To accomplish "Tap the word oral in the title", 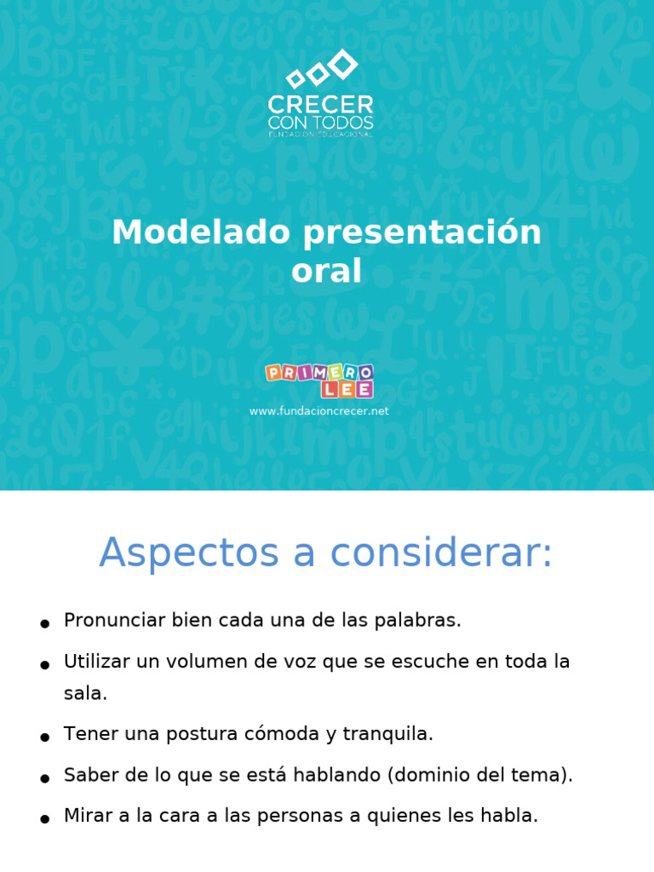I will (x=326, y=271).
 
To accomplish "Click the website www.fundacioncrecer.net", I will (x=318, y=410).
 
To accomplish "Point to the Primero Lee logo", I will (x=319, y=380).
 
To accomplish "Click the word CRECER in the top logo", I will (x=320, y=105).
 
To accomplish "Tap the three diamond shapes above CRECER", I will (x=321, y=70).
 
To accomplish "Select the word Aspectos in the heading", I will (x=189, y=554).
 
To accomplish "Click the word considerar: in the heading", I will (x=441, y=554).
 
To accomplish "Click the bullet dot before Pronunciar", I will (x=44, y=624).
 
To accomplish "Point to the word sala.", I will (x=85, y=693).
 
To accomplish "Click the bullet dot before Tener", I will (x=44, y=737).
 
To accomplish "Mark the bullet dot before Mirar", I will (x=44, y=819).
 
